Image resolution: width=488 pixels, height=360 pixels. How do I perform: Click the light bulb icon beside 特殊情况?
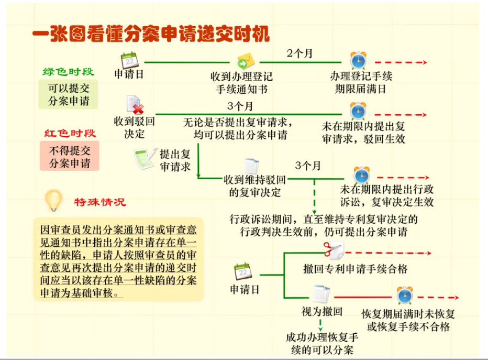[x=53, y=200]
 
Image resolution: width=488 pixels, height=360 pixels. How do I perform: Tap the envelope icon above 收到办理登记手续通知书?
[x=246, y=61]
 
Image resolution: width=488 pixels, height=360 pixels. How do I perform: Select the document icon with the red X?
[x=135, y=105]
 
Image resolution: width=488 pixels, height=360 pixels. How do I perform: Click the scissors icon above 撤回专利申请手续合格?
[x=334, y=250]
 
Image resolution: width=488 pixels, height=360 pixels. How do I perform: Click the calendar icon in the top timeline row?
[x=129, y=60]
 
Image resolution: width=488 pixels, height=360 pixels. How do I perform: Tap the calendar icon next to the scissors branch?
[x=243, y=271]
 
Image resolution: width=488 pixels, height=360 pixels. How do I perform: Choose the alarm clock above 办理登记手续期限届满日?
[x=358, y=60]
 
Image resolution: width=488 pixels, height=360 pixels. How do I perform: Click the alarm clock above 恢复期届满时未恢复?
[x=405, y=295]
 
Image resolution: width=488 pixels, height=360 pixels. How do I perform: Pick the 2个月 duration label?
[x=300, y=53]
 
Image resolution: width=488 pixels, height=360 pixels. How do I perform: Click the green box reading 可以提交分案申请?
[x=69, y=94]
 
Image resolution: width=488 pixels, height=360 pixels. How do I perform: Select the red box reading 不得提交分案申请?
[x=70, y=156]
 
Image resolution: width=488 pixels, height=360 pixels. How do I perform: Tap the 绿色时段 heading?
[x=68, y=72]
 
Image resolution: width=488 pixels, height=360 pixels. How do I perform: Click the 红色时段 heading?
[x=70, y=133]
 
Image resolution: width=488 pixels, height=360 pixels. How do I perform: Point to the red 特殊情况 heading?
[x=100, y=202]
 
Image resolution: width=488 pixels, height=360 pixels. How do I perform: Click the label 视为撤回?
[x=322, y=311]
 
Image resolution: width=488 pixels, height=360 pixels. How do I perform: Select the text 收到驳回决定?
[x=134, y=127]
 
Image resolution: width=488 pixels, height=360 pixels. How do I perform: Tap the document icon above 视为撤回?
[x=321, y=294]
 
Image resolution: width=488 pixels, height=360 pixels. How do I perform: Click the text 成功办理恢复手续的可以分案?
[x=322, y=343]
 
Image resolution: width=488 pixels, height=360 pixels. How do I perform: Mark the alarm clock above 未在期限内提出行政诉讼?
[x=362, y=176]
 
